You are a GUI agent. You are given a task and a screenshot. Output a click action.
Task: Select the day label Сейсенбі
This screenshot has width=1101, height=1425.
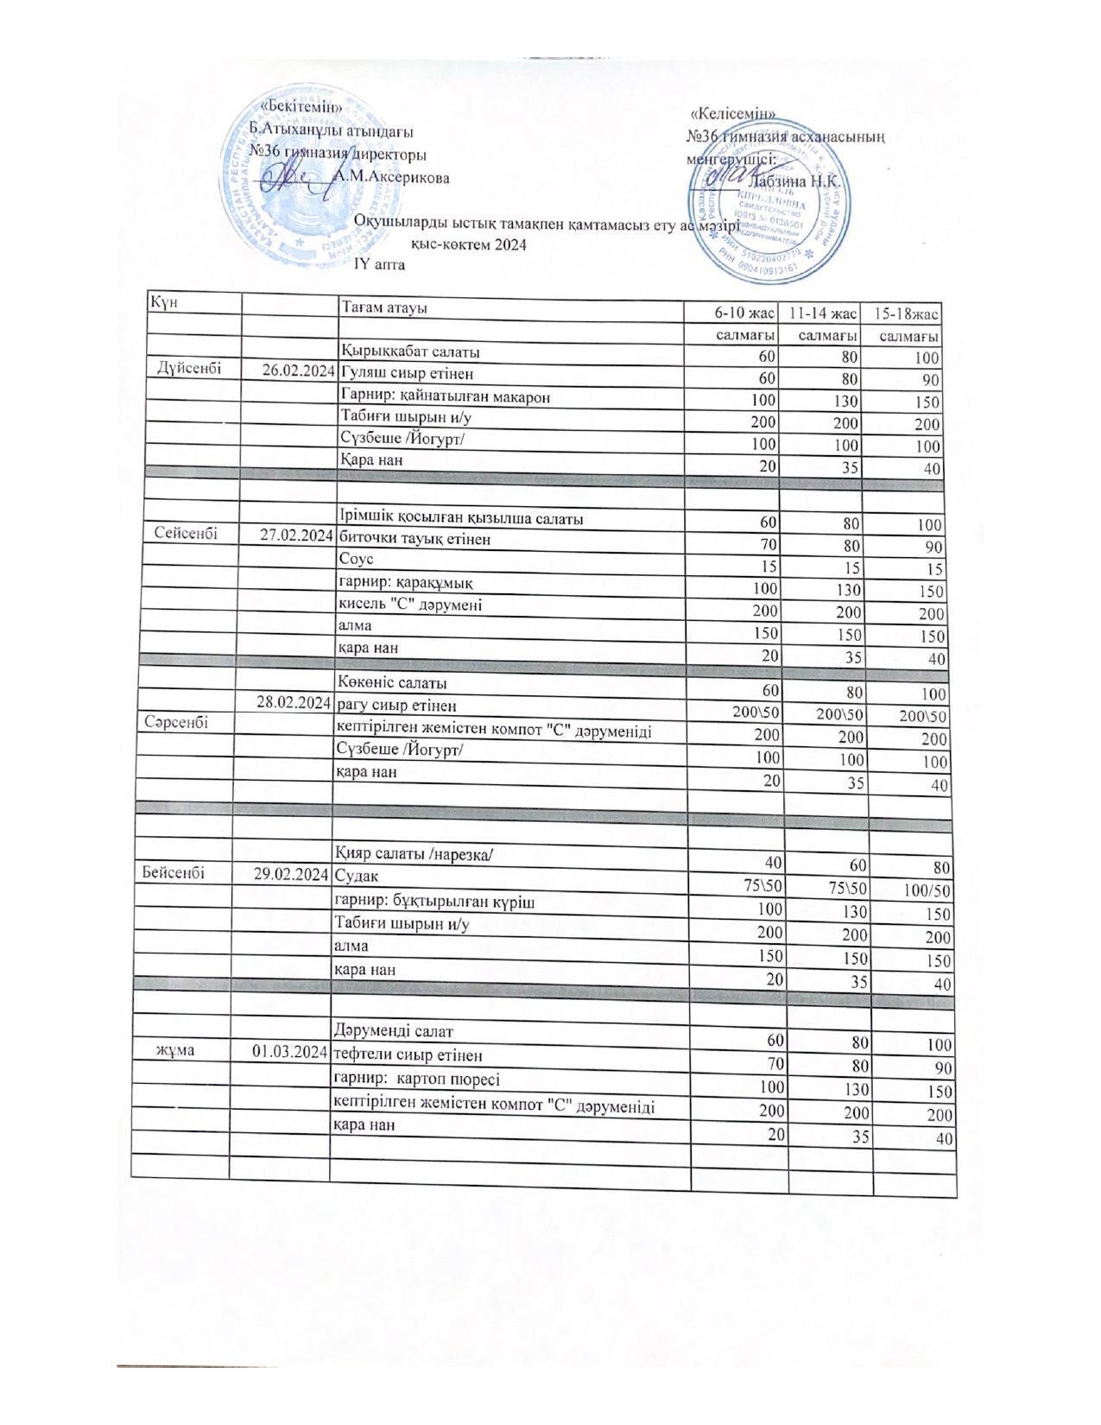(x=187, y=534)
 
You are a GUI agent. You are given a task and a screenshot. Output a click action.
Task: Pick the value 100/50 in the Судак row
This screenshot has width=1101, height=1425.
(x=926, y=890)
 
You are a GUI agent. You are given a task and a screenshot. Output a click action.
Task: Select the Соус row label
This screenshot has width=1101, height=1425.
(x=355, y=560)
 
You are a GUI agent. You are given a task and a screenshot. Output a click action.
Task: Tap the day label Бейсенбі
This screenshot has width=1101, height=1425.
(x=169, y=873)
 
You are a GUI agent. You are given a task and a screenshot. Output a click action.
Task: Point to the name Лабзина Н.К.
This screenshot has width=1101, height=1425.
(x=797, y=181)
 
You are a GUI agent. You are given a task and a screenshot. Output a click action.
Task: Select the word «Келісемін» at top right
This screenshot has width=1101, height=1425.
(x=733, y=113)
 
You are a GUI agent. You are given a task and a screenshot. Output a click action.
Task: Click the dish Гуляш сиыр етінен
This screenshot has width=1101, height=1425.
(x=408, y=374)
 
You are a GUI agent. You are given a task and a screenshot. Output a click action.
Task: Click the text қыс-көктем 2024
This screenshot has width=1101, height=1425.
(x=469, y=244)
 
